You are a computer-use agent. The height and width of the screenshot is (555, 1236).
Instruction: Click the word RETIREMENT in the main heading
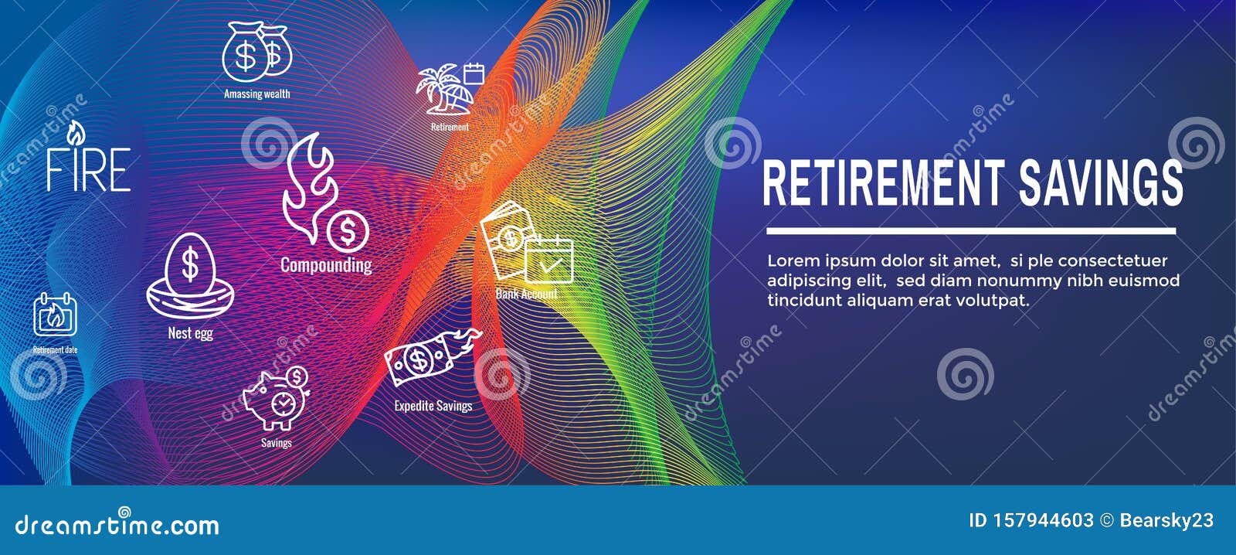tap(883, 183)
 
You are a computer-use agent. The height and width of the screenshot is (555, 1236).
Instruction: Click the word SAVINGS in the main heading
tap(1101, 183)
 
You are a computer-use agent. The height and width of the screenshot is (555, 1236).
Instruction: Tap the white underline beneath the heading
tap(970, 230)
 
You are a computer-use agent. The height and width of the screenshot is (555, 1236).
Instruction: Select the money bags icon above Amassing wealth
tap(256, 52)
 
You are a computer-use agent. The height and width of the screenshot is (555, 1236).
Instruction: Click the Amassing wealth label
tap(257, 94)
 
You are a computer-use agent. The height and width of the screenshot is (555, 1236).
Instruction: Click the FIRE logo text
tap(88, 169)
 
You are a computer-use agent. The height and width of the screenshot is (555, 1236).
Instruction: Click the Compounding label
tap(326, 265)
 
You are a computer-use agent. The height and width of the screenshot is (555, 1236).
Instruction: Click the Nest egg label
tap(190, 333)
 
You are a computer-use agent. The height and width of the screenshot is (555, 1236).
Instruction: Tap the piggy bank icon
tap(276, 400)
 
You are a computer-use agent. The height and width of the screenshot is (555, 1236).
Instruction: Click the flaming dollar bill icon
tap(430, 356)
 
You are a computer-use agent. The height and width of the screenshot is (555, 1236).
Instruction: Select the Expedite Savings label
tap(433, 406)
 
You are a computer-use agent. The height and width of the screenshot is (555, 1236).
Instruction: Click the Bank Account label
tap(526, 295)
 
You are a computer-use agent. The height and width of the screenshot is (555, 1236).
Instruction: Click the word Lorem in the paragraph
tap(792, 260)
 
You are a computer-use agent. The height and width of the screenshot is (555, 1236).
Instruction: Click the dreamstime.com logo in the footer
tap(117, 525)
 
